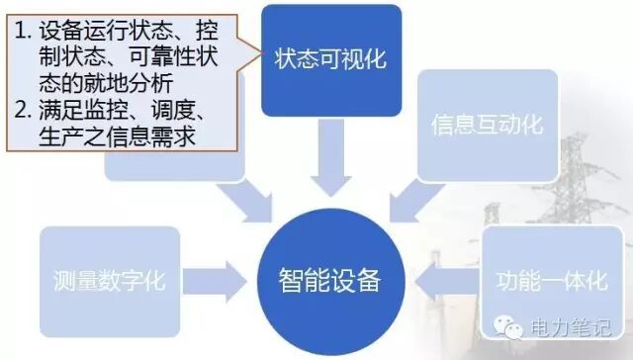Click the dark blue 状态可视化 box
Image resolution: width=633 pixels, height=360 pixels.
click(323, 56)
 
